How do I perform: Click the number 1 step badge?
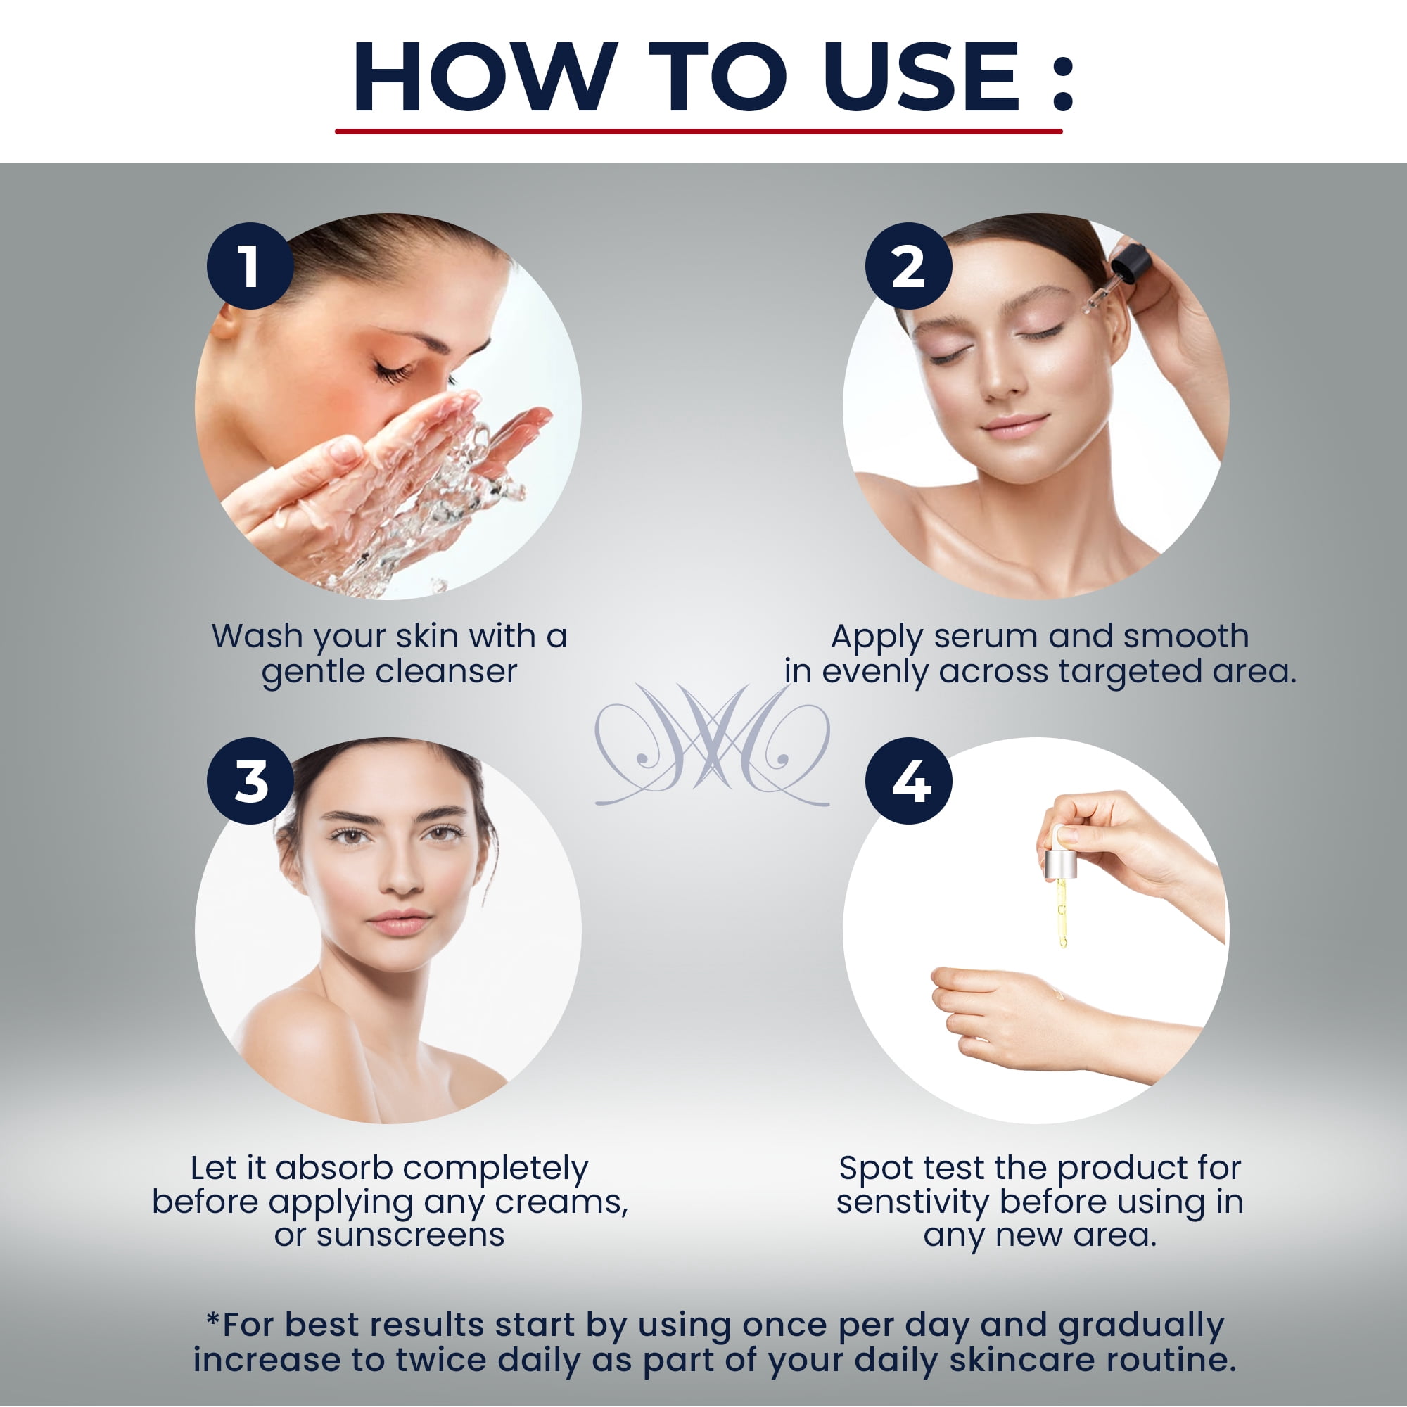tap(250, 266)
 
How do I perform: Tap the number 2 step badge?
tap(908, 266)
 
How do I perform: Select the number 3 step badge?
tap(250, 781)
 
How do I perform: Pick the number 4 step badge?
tap(908, 781)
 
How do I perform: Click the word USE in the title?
tap(922, 77)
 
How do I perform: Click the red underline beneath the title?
tap(699, 131)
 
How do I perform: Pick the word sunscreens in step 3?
tap(411, 1235)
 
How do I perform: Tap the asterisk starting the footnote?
tap(212, 1319)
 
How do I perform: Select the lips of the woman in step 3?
tap(400, 922)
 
